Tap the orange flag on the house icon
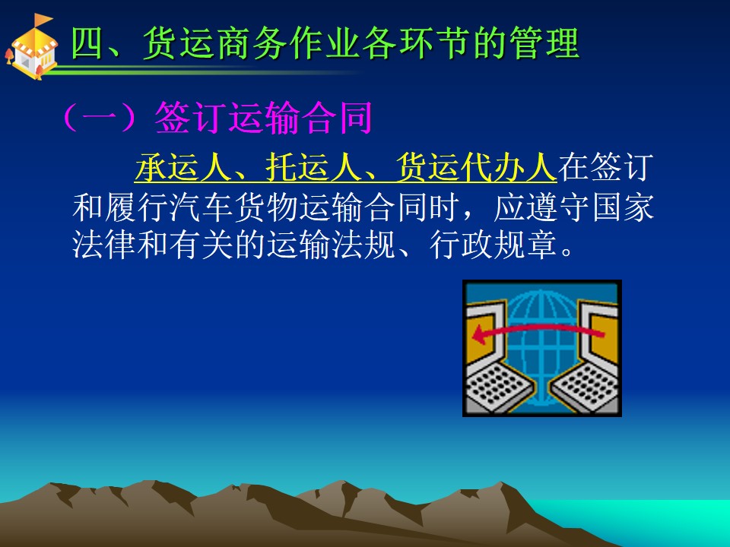[43, 20]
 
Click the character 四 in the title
[87, 43]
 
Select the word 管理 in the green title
[544, 43]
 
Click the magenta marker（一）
[100, 117]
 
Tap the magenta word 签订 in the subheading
[190, 117]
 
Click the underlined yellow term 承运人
[183, 166]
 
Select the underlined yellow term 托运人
[313, 166]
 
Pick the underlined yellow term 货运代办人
[476, 166]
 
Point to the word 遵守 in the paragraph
[558, 207]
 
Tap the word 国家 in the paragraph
[624, 207]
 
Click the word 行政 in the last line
[462, 245]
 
